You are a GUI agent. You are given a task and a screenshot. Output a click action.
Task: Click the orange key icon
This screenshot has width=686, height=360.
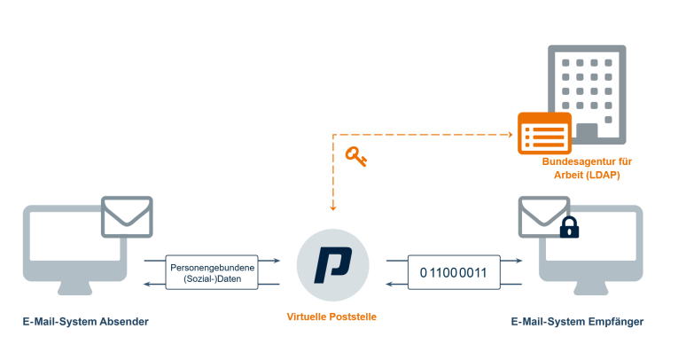coord(355,158)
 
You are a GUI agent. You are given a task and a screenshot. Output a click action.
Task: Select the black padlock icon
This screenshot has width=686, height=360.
coord(568,228)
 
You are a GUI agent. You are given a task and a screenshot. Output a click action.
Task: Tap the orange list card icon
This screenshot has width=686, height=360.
coord(544,136)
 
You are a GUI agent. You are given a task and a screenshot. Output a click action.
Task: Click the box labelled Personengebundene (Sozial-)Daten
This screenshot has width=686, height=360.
coord(212,273)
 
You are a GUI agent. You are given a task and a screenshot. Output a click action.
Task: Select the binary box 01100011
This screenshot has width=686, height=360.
coord(453,273)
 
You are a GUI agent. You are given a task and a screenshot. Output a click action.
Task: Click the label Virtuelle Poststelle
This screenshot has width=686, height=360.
coord(332,317)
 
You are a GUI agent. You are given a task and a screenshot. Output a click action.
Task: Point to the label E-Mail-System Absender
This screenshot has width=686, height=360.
coord(85,320)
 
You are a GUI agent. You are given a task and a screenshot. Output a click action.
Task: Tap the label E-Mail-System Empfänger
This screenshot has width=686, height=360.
coord(577,320)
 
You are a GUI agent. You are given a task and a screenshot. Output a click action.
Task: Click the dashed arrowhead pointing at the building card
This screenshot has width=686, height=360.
coord(511,135)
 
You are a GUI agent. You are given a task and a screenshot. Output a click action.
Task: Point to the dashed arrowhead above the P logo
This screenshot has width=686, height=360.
coord(333,208)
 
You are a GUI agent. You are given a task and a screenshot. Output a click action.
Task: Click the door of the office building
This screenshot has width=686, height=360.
coord(587,133)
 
